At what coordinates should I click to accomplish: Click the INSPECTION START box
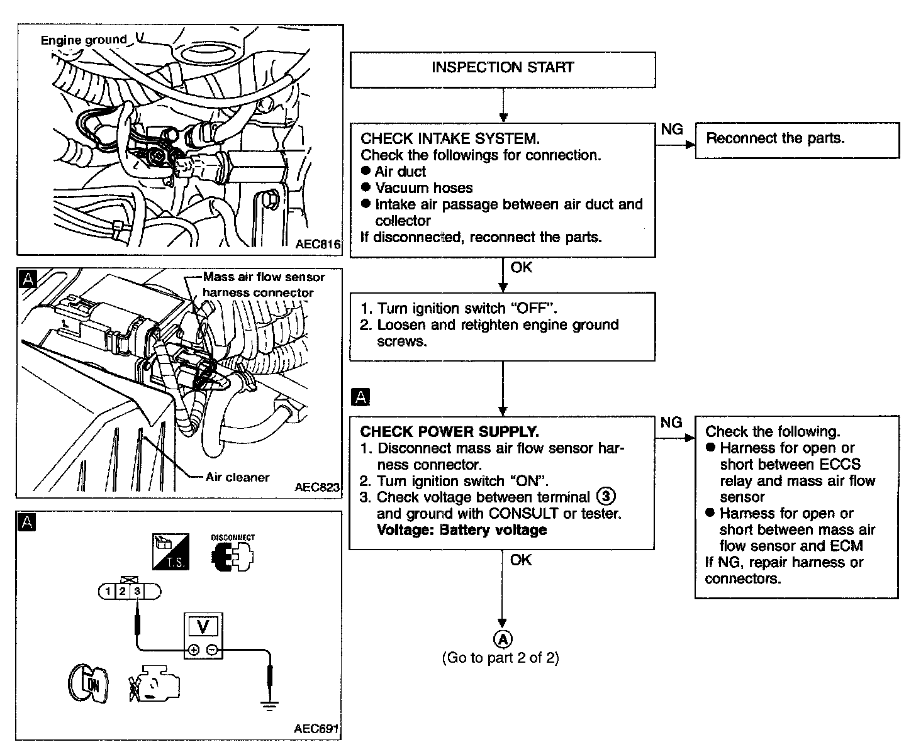click(503, 70)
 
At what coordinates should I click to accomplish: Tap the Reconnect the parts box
click(798, 140)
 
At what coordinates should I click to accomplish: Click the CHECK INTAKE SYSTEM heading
click(450, 138)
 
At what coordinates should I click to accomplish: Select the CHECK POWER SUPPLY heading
click(450, 431)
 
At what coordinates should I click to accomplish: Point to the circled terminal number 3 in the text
click(606, 496)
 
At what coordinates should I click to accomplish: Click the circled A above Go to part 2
click(503, 639)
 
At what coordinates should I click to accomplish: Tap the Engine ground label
click(84, 40)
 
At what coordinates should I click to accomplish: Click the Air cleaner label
click(237, 477)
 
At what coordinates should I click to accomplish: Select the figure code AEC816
click(318, 244)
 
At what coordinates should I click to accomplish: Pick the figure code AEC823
click(317, 487)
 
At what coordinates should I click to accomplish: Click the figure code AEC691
click(316, 728)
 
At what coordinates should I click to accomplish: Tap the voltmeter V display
click(203, 627)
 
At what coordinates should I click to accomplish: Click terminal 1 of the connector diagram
click(108, 591)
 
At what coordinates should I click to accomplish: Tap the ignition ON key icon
click(88, 683)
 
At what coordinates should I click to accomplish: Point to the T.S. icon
click(170, 551)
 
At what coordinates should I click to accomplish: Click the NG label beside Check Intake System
click(672, 129)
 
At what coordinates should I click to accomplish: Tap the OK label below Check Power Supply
click(521, 560)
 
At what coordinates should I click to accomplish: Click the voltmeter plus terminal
click(194, 650)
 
